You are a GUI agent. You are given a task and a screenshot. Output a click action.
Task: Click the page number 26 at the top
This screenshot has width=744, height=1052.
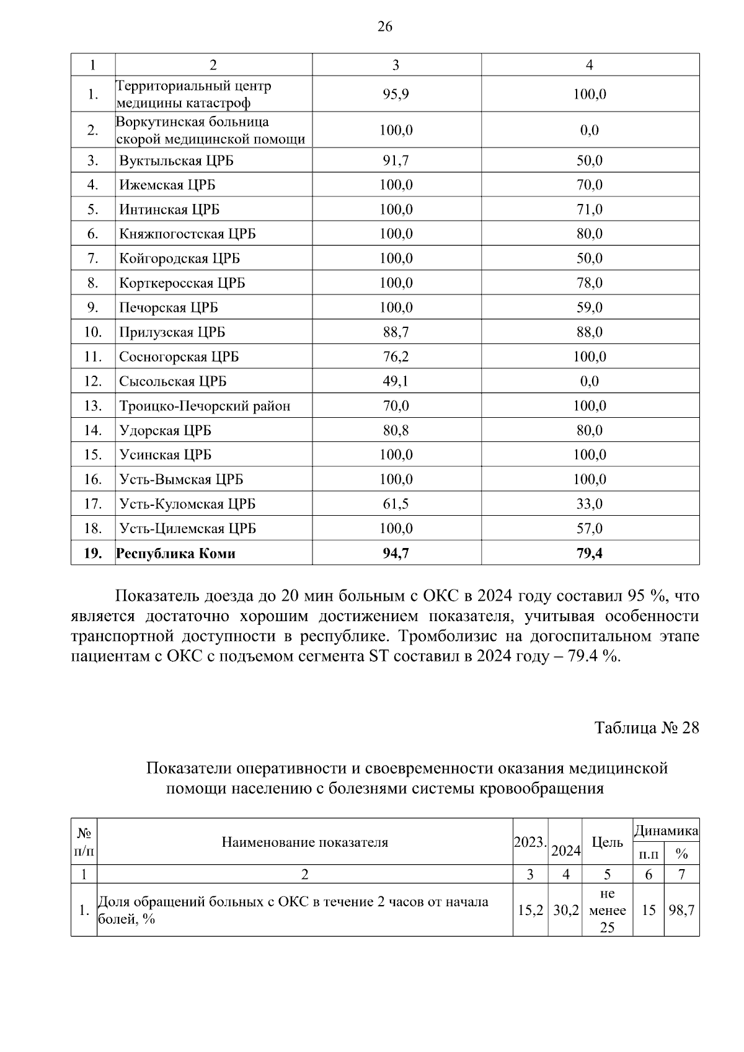coord(384,27)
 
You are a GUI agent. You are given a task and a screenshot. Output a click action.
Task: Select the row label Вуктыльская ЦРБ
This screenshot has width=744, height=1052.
coord(177,161)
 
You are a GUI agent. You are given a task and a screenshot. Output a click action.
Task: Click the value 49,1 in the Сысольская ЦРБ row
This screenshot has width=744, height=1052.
coord(396,381)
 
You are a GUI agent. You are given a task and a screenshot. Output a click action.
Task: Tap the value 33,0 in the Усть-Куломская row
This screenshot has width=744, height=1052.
coord(589,504)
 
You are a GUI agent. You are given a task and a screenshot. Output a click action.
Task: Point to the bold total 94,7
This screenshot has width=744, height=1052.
coord(396,554)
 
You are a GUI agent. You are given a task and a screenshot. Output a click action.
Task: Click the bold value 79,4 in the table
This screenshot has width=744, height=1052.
coord(589,554)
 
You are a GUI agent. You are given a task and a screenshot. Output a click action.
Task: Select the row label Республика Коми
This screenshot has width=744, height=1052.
coord(176,554)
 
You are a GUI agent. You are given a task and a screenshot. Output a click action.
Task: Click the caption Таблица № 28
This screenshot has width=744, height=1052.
coord(646,728)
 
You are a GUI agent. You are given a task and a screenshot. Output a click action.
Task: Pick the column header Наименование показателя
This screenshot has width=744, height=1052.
coord(304,842)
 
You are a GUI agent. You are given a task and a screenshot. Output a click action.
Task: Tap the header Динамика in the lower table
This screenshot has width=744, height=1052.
coord(666,830)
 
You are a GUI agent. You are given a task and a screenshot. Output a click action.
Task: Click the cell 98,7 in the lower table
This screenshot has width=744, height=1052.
coord(681,911)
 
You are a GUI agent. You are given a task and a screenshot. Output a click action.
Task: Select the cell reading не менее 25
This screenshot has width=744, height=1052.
coord(607,911)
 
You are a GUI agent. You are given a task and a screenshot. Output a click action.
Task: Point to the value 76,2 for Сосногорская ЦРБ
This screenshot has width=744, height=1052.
coord(396,357)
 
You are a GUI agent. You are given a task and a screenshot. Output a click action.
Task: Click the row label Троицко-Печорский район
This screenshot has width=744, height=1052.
coord(205,406)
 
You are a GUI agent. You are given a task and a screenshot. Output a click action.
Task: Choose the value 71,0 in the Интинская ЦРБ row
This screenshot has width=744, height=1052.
coord(589,210)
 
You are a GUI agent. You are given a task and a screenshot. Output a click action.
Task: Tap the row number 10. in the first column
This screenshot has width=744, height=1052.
coord(92,332)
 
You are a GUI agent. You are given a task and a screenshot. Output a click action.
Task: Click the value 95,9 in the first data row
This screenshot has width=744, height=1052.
coord(396,94)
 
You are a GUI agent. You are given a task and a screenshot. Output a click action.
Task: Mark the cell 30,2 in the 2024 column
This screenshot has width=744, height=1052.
coord(565,911)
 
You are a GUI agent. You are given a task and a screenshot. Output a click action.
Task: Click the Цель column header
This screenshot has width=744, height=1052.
coord(607,842)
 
